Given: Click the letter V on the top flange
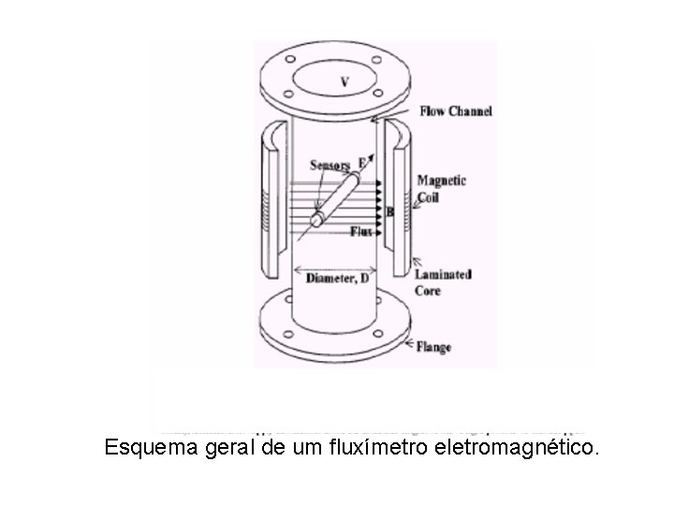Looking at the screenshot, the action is [x=344, y=82].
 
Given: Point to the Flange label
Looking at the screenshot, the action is [x=433, y=347].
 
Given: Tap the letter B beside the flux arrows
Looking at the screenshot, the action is [x=389, y=213].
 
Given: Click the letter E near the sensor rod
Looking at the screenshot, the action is [x=361, y=162].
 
